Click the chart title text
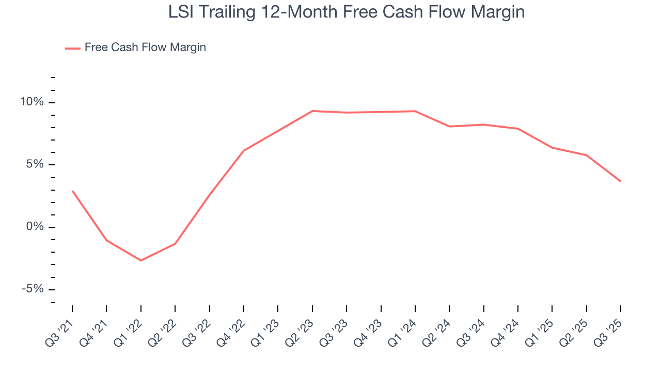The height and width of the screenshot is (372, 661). (x=347, y=12)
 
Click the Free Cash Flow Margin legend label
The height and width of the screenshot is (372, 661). (x=145, y=48)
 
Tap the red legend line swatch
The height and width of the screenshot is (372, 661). (x=72, y=48)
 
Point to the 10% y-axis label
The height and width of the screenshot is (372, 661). (x=32, y=102)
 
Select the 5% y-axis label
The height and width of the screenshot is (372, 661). (x=35, y=165)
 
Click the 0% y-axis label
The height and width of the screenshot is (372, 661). (x=35, y=227)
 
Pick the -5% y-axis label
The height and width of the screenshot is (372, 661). (x=33, y=289)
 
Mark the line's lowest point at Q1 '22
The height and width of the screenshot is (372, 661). (x=140, y=260)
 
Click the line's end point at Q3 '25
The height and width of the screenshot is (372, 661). (x=620, y=181)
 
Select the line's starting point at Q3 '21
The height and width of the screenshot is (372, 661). (x=72, y=191)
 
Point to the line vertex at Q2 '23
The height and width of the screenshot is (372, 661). (x=312, y=111)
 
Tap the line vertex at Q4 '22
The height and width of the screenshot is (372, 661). (x=244, y=150)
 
